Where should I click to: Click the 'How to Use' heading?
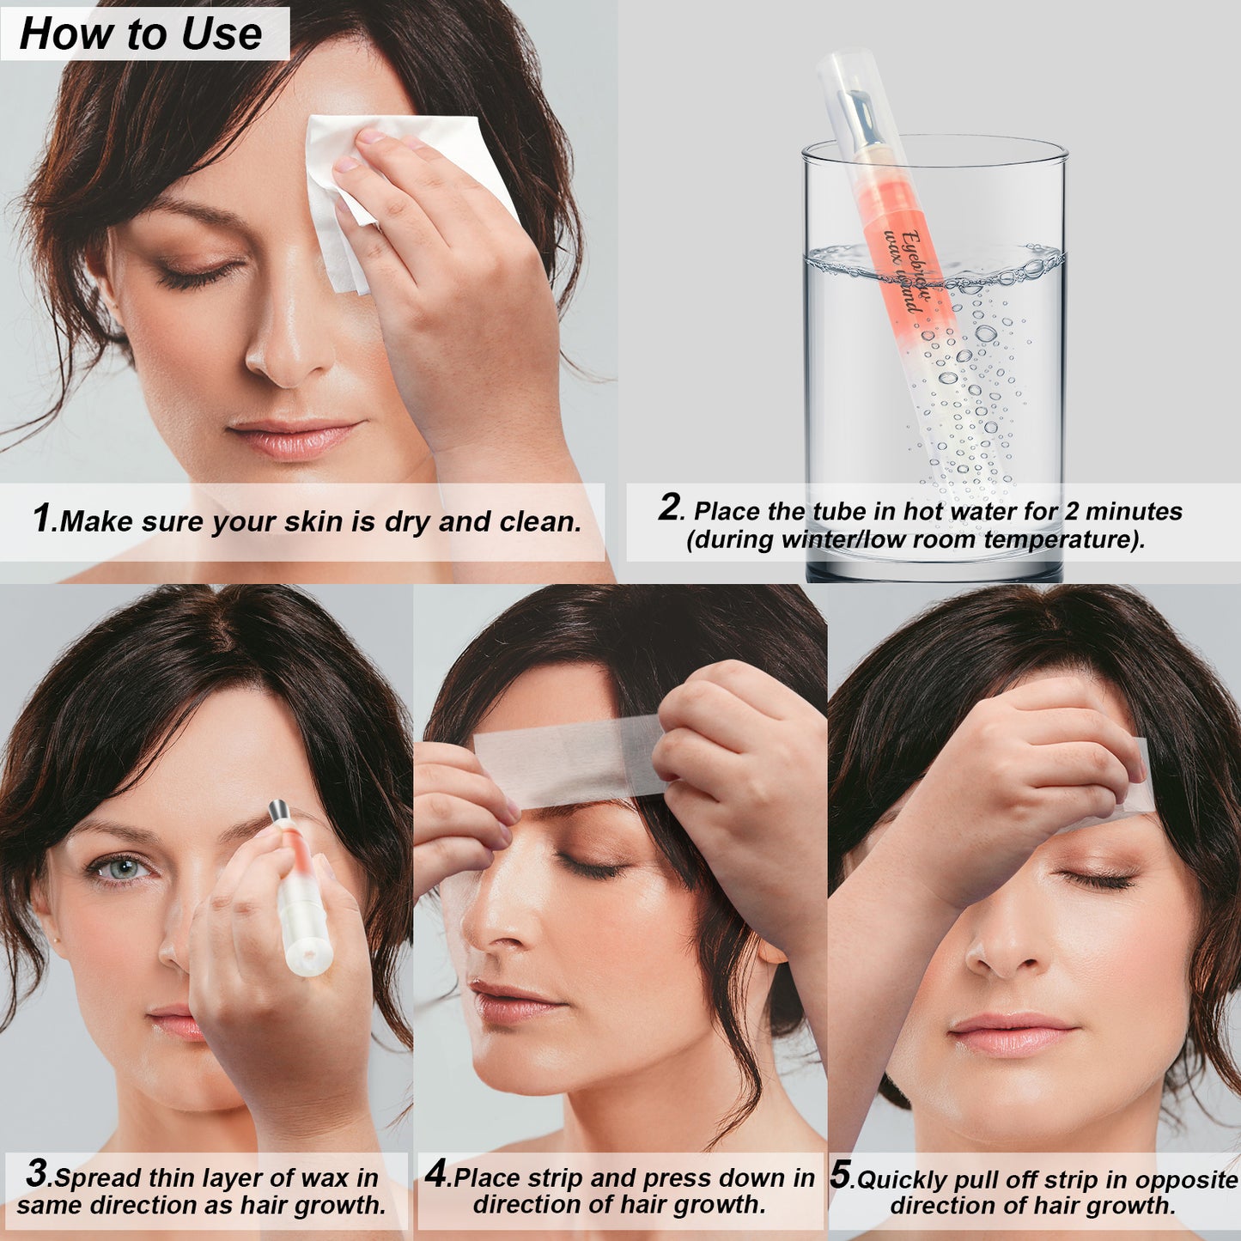[140, 33]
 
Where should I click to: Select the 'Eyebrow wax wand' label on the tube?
[906, 271]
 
